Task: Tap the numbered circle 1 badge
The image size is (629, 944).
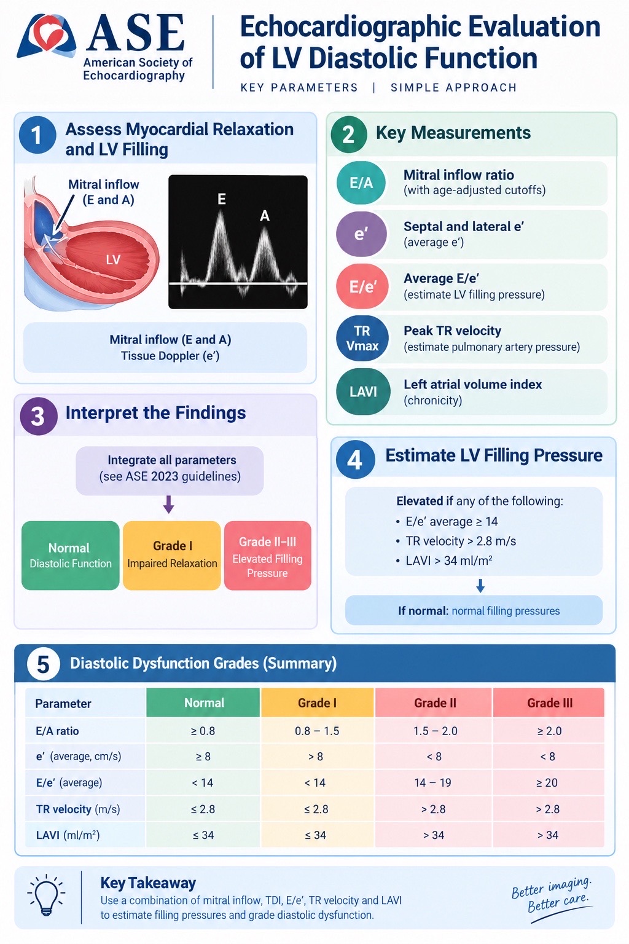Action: [37, 135]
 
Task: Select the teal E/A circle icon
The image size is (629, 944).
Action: [361, 183]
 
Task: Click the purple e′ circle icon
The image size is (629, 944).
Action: [361, 234]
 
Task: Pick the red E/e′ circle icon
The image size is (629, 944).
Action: [362, 286]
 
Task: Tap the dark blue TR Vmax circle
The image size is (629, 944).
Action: [362, 339]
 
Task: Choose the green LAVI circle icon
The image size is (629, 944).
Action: [363, 392]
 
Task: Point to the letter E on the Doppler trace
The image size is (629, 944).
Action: [222, 199]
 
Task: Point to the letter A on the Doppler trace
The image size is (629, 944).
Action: [265, 216]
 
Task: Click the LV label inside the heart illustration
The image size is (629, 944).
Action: [113, 259]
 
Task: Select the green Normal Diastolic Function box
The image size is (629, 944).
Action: [71, 556]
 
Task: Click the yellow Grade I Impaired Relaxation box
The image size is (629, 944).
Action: [172, 556]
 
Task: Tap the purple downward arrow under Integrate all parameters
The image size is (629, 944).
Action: [168, 504]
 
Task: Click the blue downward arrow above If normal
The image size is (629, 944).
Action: [480, 586]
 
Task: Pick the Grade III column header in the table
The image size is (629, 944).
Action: [549, 702]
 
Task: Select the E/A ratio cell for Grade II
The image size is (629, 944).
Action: [434, 731]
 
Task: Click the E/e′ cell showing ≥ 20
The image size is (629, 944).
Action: [549, 782]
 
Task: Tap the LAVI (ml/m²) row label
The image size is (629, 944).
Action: [68, 835]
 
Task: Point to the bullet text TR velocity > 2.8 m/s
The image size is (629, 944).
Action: [461, 541]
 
